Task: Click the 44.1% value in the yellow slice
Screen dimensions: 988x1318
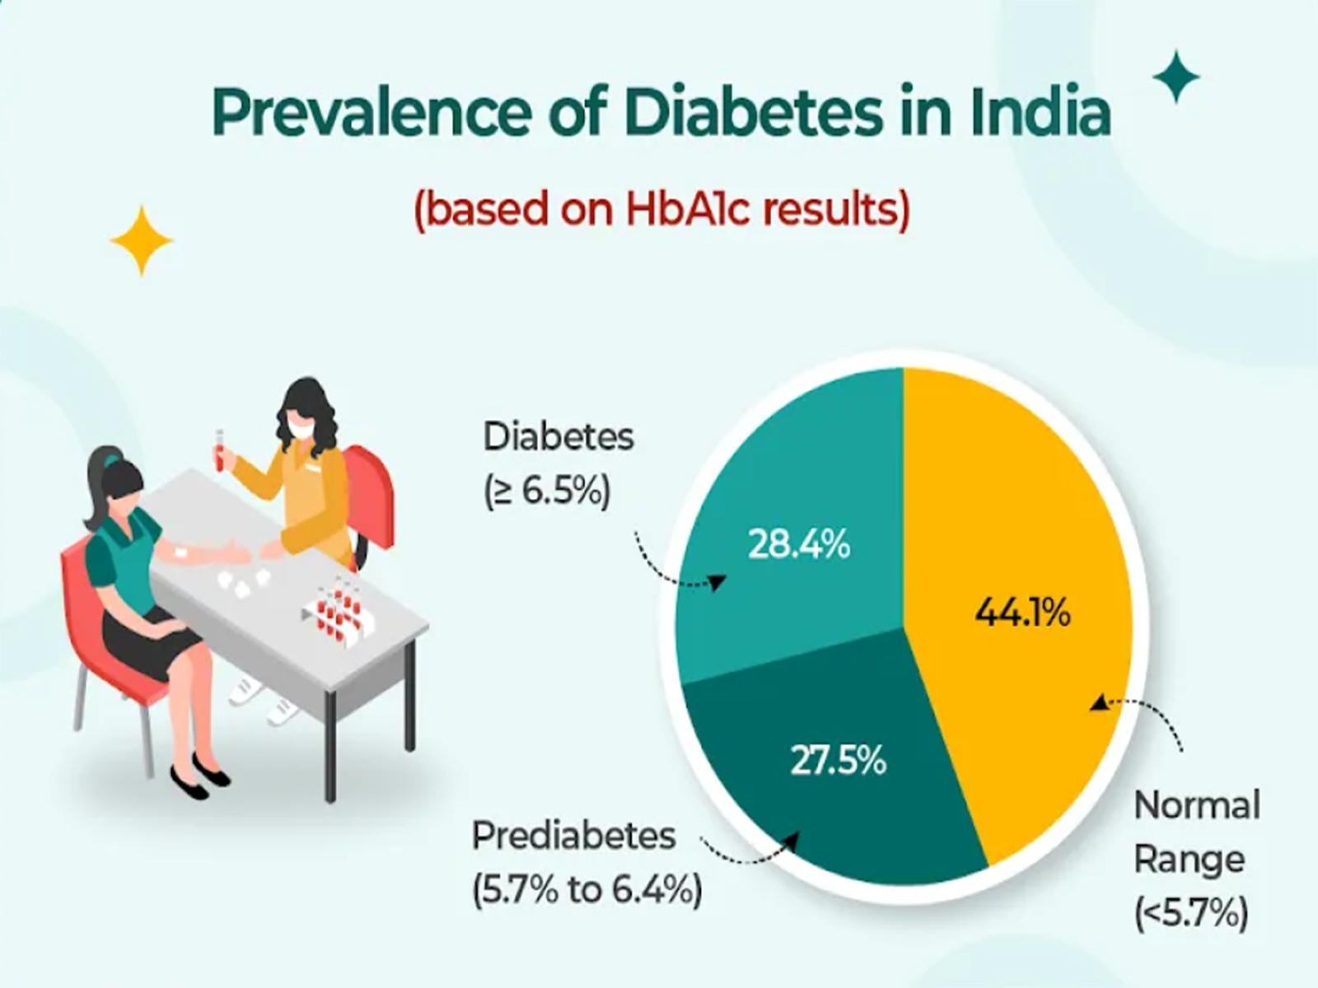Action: (1022, 613)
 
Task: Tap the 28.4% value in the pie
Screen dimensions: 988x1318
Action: (798, 545)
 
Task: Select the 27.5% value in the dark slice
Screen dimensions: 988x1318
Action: (838, 761)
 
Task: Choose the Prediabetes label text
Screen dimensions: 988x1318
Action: (573, 837)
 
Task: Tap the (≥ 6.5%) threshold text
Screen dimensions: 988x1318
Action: (547, 492)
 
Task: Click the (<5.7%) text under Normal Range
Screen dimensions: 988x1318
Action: (1190, 913)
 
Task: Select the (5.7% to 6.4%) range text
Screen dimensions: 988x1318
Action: (587, 890)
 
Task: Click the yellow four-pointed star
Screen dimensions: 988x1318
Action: (141, 240)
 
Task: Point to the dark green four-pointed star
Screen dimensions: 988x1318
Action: (1175, 77)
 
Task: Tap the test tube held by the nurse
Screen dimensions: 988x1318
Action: (219, 450)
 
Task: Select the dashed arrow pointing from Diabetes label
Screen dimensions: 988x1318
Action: (675, 568)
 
